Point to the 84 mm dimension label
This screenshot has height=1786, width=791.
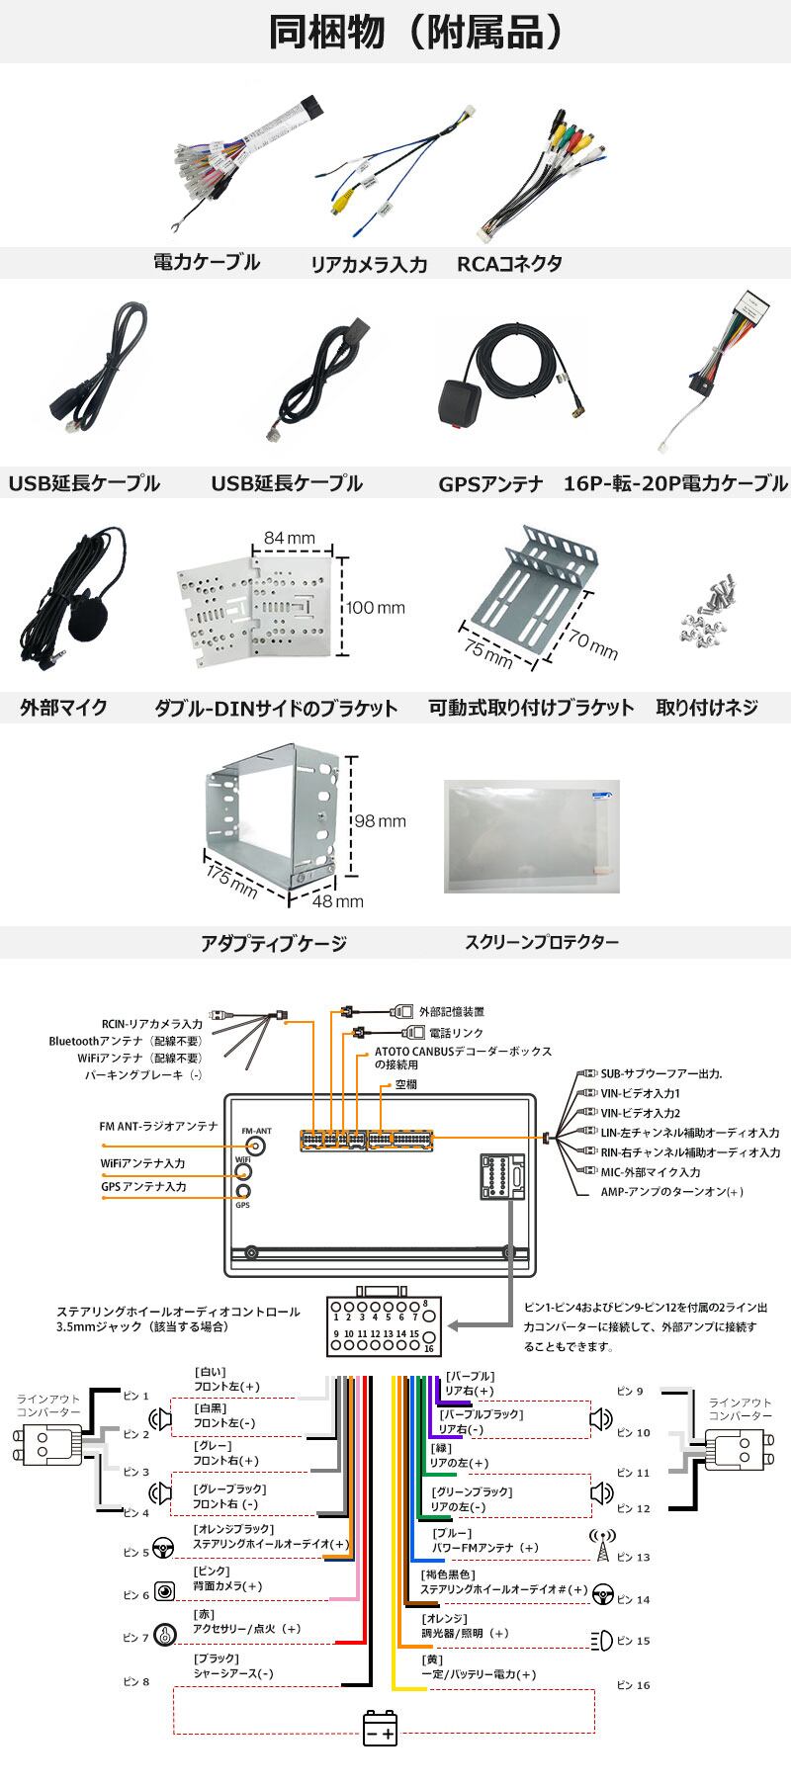pos(289,539)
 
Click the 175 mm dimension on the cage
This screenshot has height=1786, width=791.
pos(231,882)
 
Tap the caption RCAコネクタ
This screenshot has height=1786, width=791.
pos(509,264)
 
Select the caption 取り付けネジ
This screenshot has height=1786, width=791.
pos(707,708)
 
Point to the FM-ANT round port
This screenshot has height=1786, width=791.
pos(256,1146)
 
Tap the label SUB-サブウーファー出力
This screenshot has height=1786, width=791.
pos(661,1074)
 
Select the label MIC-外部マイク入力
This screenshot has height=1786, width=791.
pos(651,1172)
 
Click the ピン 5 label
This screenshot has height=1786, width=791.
pos(135,1553)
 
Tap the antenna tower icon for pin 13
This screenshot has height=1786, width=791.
pos(602,1547)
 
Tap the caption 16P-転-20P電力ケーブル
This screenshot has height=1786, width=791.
pos(676,483)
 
